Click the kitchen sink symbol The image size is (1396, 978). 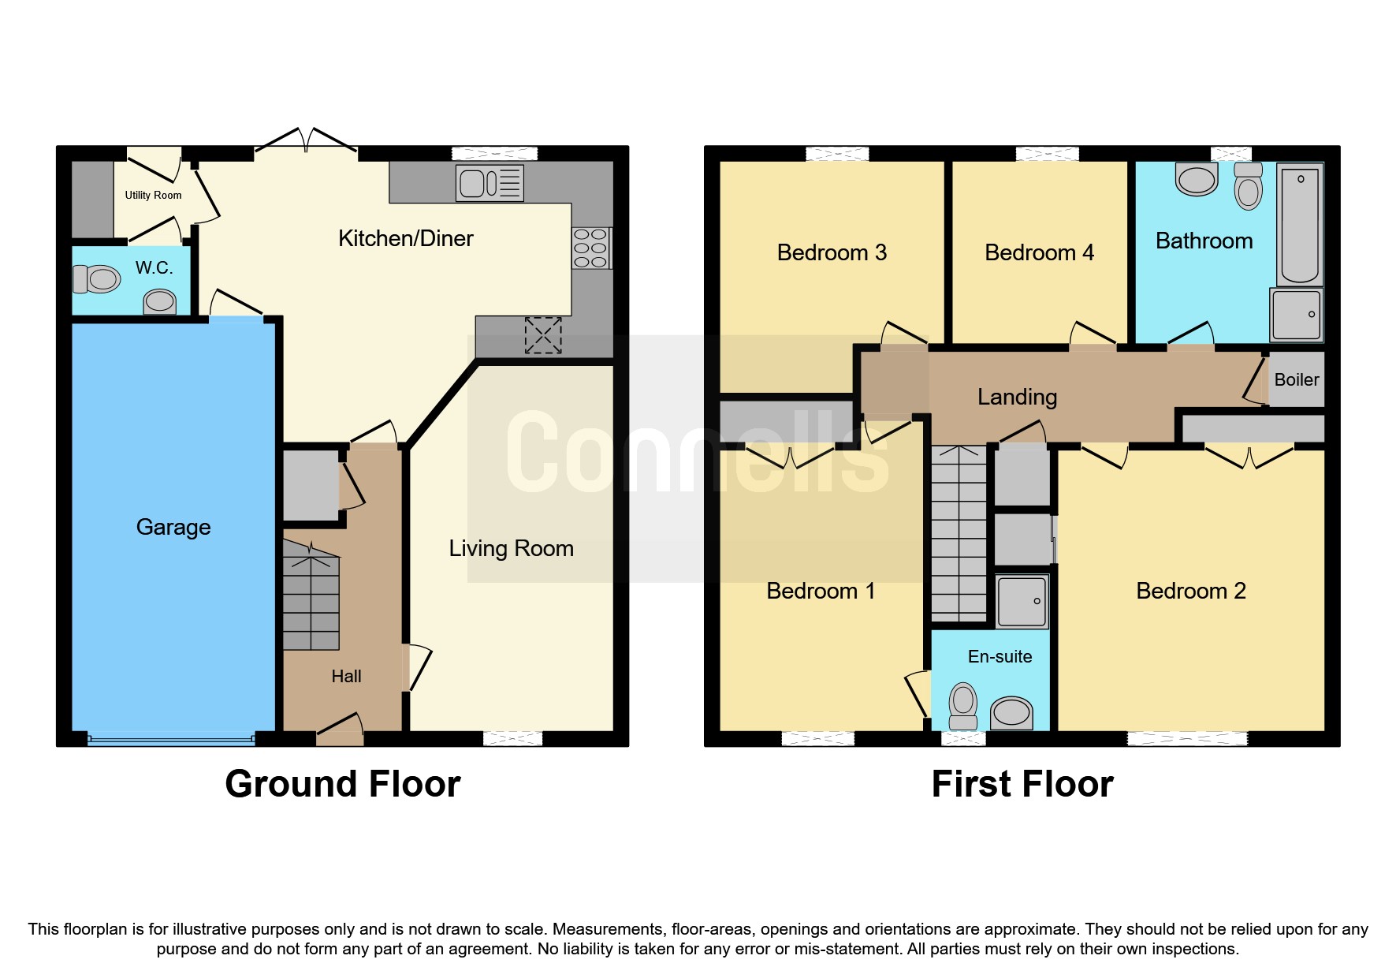(490, 183)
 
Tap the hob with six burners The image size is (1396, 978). (590, 248)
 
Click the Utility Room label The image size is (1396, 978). (153, 195)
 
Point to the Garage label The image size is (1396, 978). (173, 527)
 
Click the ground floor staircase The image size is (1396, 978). (311, 599)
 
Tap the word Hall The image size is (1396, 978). (346, 676)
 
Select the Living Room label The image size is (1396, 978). (511, 548)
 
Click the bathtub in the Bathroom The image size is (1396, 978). (1299, 225)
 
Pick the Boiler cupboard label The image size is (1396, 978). (1296, 379)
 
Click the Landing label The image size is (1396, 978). (1017, 397)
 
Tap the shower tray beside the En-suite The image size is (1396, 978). (1022, 602)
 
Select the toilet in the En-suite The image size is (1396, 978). (963, 705)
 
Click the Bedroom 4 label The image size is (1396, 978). (1039, 252)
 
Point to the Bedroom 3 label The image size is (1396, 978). (832, 252)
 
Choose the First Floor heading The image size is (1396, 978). (1022, 784)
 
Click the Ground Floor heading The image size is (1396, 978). (342, 784)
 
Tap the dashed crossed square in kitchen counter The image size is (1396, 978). (543, 335)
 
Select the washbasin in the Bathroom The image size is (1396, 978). (1196, 179)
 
